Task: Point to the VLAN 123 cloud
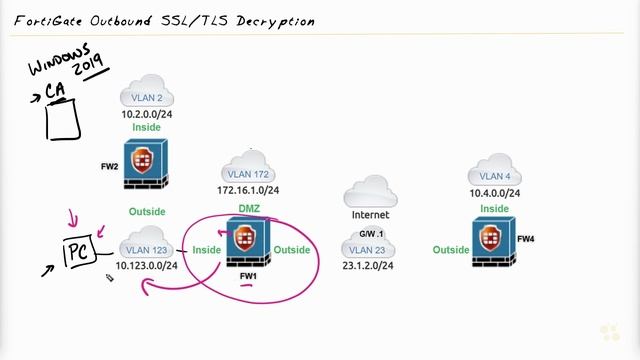[x=147, y=248]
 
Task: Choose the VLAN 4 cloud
[x=495, y=172]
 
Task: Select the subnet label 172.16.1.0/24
[x=248, y=189]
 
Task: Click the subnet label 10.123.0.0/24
[x=147, y=266]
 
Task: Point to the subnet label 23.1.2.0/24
[x=369, y=266]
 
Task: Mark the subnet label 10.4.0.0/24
[x=495, y=191]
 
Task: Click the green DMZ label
[x=249, y=208]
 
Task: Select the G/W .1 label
[x=371, y=232]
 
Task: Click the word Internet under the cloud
[x=370, y=215]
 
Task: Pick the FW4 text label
[x=527, y=240]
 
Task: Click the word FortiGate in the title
[x=49, y=21]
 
